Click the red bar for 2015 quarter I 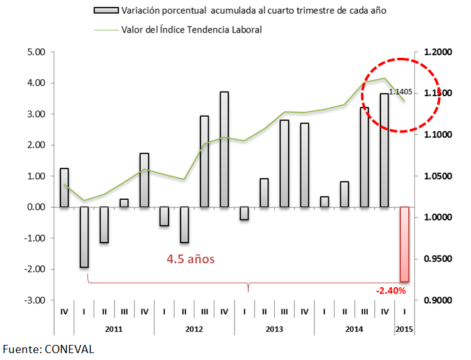tap(404, 244)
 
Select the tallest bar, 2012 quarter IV tap(224, 150)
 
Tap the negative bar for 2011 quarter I tap(84, 237)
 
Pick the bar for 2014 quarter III tap(364, 157)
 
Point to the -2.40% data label tap(391, 291)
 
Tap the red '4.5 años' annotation tap(191, 258)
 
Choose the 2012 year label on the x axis tap(194, 329)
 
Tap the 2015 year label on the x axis tap(404, 329)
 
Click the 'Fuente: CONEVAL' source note tap(48, 349)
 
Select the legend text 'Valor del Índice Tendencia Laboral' tap(191, 29)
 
